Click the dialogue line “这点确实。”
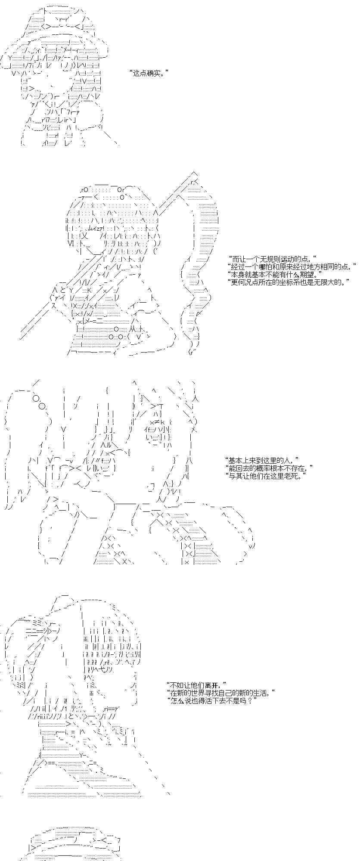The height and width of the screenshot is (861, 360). pos(147,73)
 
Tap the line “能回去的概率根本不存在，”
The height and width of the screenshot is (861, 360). pos(269,468)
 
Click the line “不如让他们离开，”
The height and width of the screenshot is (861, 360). pos(196,685)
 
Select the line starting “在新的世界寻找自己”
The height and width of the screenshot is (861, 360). pos(220,693)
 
